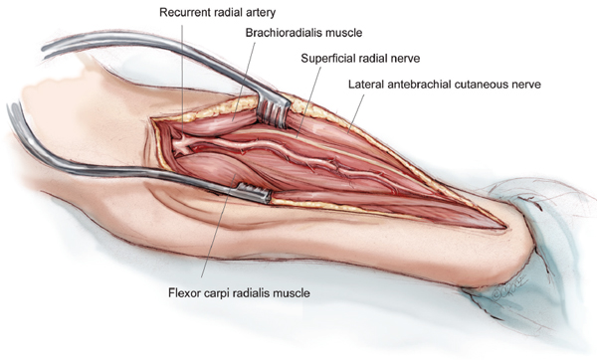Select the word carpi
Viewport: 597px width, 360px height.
219,293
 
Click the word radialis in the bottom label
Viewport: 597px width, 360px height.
256,293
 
